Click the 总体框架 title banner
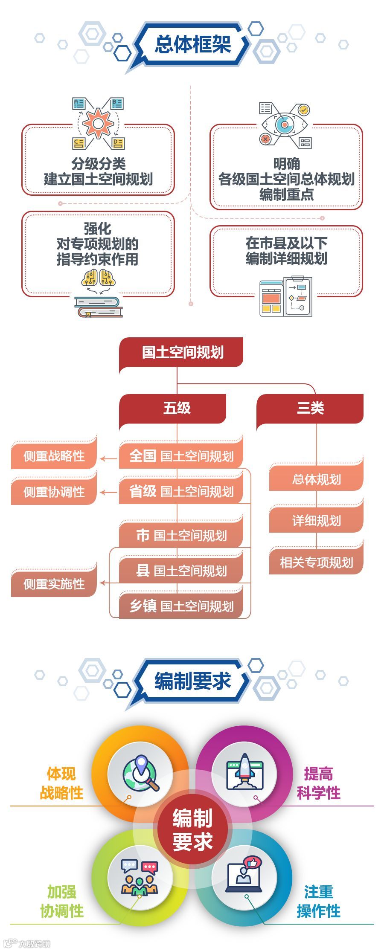192,44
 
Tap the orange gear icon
98,124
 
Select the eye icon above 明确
284,124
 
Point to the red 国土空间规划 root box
181,352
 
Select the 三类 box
310,408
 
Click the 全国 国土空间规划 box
181,456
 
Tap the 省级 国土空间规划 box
181,491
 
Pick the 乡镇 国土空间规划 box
181,606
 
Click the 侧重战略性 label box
54,456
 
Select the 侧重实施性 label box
54,583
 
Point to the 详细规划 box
316,520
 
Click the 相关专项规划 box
316,562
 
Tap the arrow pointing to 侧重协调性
108,492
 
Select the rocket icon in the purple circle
244,772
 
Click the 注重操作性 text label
318,901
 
